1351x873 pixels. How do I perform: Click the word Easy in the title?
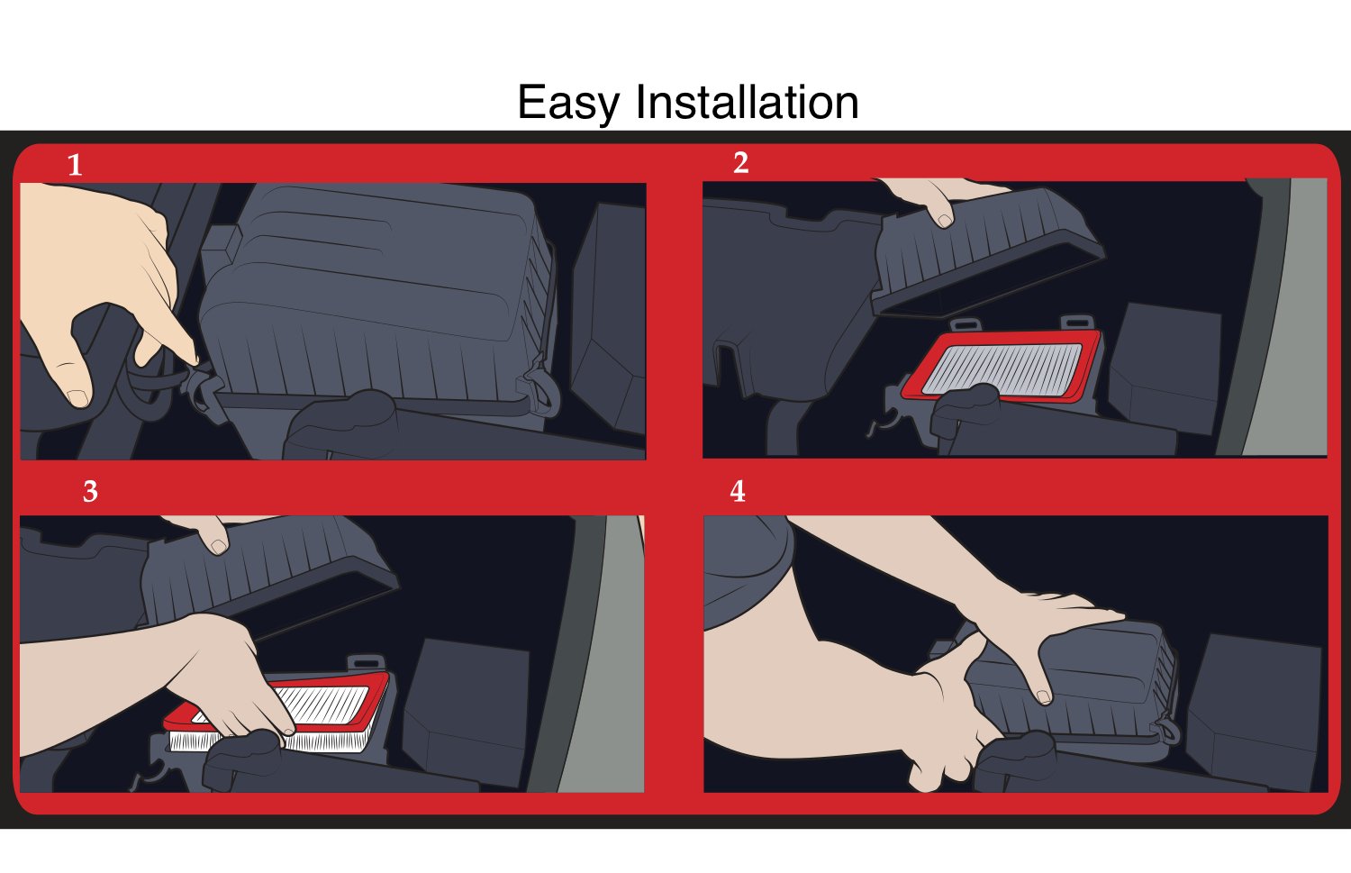569,103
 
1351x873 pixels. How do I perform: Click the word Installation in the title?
747,103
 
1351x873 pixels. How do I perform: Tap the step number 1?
75,166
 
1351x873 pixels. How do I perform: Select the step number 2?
740,163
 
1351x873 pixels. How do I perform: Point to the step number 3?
90,492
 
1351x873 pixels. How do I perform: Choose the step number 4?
738,492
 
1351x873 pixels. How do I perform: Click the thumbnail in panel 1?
77,396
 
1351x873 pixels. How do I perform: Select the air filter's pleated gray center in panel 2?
1004,369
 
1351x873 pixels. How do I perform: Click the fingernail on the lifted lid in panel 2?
943,220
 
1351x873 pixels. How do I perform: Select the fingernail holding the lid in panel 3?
218,546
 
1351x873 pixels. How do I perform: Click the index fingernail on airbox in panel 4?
1043,696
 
